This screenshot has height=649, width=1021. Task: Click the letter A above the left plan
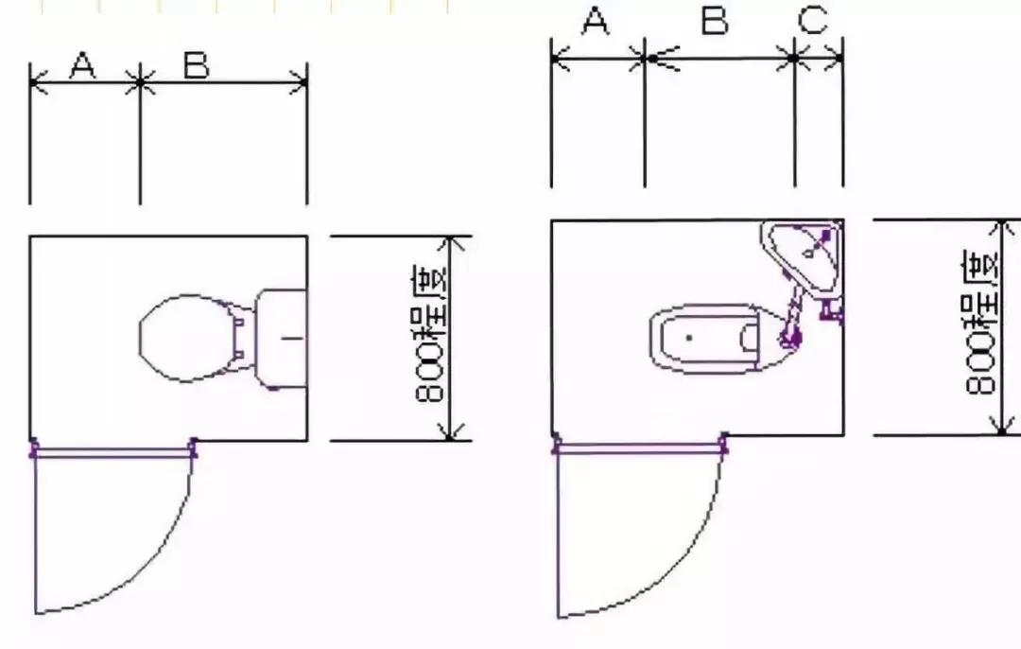click(83, 65)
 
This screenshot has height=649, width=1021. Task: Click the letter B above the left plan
click(196, 65)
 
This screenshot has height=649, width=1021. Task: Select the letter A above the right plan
click(595, 21)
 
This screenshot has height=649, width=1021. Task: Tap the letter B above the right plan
click(715, 21)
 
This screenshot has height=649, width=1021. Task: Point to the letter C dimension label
click(812, 21)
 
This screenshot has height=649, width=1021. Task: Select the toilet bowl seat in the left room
click(187, 338)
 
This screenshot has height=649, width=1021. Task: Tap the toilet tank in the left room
click(282, 337)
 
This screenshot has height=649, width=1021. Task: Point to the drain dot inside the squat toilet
click(689, 337)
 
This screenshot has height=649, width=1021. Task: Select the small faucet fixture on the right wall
click(832, 310)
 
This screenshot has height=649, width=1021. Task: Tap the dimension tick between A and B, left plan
click(140, 82)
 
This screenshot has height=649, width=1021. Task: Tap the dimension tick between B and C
click(794, 59)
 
